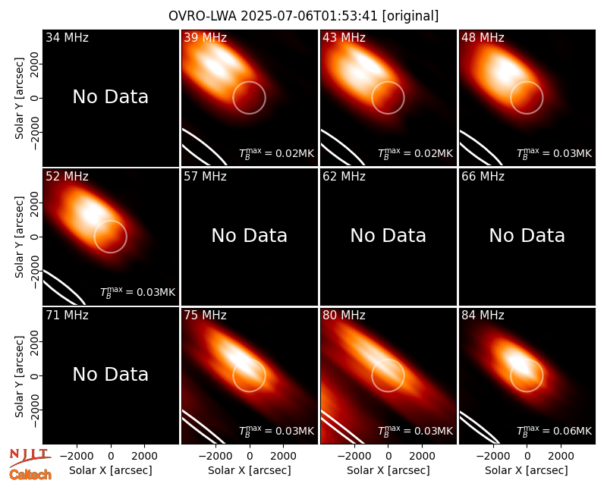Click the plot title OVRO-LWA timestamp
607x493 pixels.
[303, 16]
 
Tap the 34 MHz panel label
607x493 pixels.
[67, 37]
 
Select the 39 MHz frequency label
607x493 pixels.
[205, 37]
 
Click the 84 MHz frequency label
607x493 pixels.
[483, 315]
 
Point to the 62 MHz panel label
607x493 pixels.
[344, 177]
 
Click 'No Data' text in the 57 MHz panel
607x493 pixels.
[250, 235]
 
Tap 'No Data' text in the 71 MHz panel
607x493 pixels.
[110, 374]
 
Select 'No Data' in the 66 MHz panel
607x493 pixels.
[527, 235]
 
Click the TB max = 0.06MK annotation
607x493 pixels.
[555, 431]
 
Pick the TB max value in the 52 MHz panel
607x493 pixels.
[138, 292]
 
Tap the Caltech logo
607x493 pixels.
[30, 475]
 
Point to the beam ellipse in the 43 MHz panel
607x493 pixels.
[344, 148]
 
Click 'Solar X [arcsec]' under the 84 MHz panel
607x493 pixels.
[527, 470]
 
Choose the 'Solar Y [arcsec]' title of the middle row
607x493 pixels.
[20, 237]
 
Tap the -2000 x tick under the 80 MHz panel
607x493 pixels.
[354, 456]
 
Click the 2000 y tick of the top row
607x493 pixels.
[35, 64]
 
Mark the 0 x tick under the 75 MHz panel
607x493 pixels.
[250, 456]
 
